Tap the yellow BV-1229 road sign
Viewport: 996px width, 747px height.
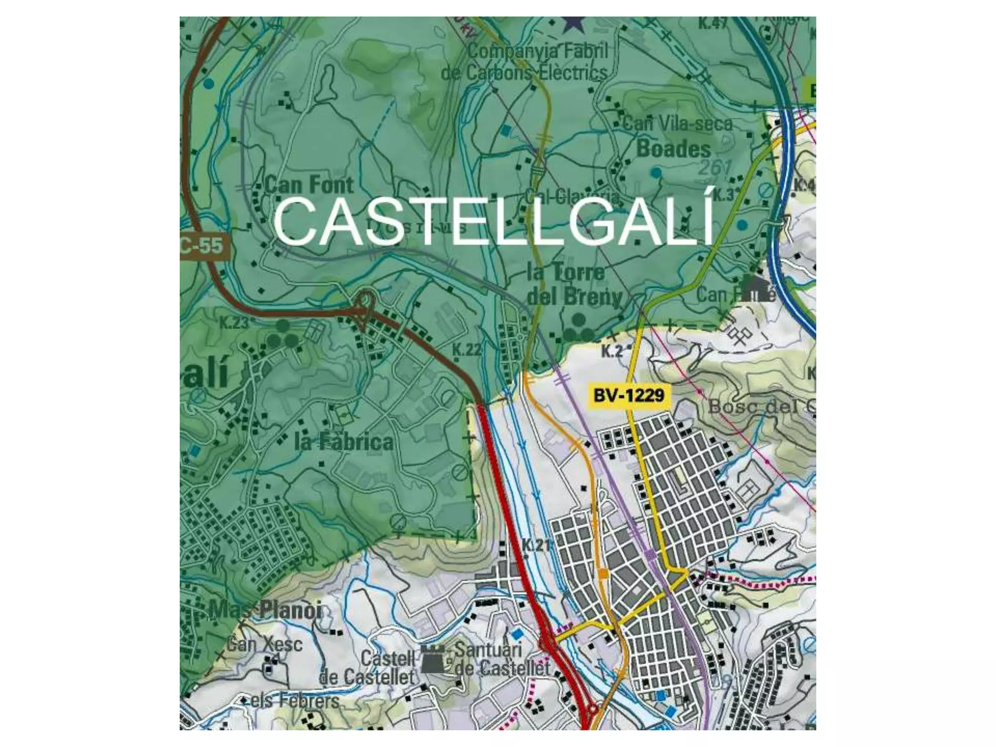(629, 395)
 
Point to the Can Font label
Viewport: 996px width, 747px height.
(309, 185)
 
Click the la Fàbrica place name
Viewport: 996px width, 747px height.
(344, 442)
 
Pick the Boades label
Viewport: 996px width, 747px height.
(674, 148)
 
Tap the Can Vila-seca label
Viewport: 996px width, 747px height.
(677, 124)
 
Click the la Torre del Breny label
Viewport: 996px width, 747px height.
(574, 285)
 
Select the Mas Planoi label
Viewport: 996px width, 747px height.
(266, 610)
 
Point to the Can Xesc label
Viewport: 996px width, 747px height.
(265, 645)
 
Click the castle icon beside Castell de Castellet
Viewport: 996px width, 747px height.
(432, 660)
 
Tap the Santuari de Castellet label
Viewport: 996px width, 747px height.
(502, 659)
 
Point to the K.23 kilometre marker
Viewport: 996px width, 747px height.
(234, 323)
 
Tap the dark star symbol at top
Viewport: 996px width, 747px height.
(574, 23)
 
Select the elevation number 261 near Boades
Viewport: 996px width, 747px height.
(715, 168)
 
